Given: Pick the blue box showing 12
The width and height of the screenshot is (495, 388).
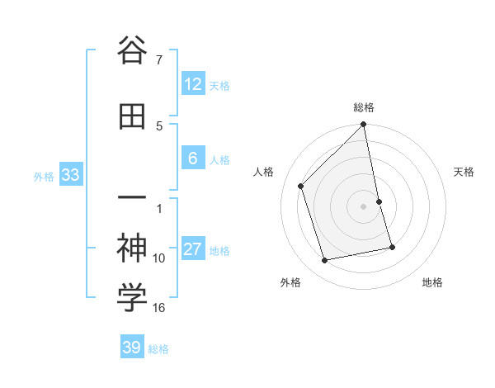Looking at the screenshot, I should (192, 84).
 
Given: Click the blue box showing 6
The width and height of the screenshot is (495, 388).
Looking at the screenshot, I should (192, 159).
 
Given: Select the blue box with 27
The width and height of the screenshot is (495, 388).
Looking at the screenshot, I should (192, 250).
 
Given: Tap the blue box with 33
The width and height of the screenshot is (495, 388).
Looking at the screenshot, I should (69, 175).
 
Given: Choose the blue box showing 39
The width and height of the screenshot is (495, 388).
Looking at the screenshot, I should (132, 348).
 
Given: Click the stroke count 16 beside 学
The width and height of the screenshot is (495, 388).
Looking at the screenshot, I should (159, 308).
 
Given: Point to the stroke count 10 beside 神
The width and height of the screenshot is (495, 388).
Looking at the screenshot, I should (159, 258).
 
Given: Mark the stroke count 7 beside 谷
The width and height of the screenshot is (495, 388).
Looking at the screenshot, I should (159, 60).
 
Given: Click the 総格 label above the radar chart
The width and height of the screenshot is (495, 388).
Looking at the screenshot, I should (364, 107).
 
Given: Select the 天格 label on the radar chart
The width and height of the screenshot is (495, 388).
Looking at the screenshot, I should (464, 172).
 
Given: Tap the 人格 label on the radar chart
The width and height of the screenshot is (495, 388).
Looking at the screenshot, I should (263, 172).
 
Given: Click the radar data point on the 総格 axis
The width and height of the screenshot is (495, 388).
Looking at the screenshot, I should (364, 125).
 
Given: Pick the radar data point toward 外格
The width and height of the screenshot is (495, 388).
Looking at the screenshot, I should (325, 261).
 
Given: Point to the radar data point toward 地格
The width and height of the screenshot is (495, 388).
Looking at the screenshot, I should (392, 247).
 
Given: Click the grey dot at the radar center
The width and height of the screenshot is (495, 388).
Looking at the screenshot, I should (364, 206).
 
